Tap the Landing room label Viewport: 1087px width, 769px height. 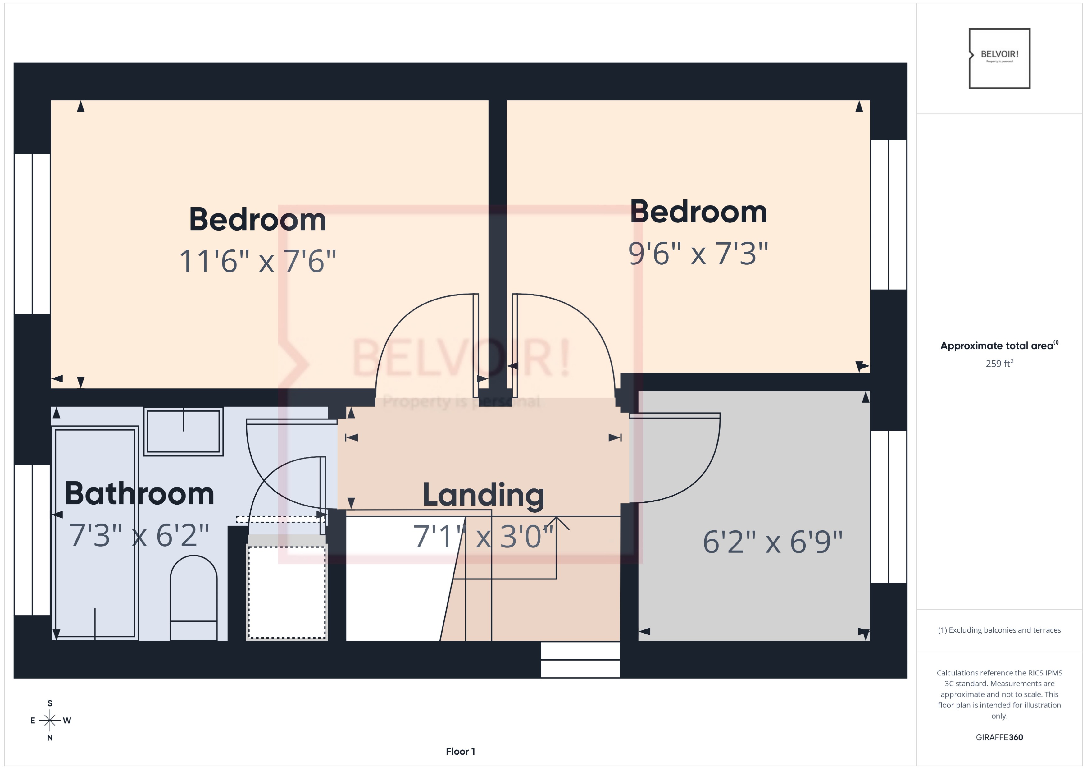pos(483,495)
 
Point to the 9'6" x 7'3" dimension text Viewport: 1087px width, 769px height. pos(698,253)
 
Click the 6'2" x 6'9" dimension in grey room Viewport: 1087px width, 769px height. pos(773,542)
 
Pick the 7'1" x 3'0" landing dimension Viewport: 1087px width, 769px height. pos(483,537)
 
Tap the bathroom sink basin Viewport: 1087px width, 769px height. pos(183,431)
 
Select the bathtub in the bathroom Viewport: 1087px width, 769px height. pos(95,533)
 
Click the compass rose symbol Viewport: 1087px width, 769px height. pos(50,720)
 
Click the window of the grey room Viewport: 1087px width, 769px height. pos(888,507)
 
